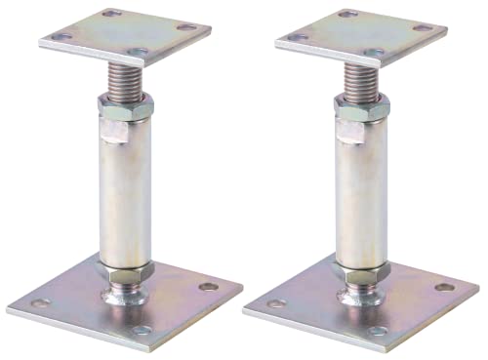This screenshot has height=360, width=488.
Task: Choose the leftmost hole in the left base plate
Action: (40, 303)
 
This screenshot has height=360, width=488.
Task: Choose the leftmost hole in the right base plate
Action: (276, 303)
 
